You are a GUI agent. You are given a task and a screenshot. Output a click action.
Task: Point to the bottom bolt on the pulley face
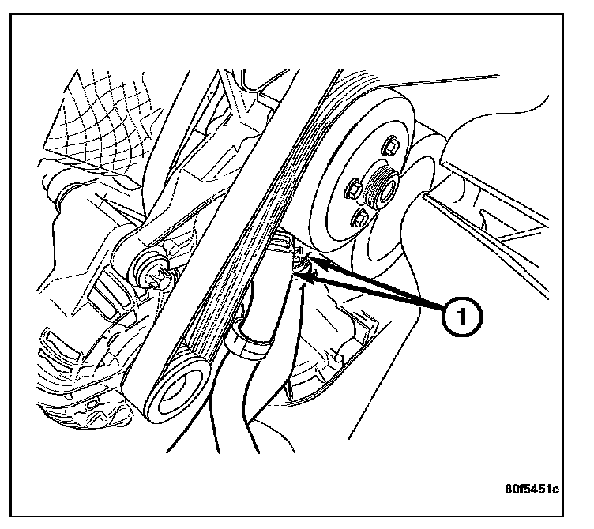[x=363, y=219]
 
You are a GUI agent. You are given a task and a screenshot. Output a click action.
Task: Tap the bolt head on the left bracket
[x=156, y=273]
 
